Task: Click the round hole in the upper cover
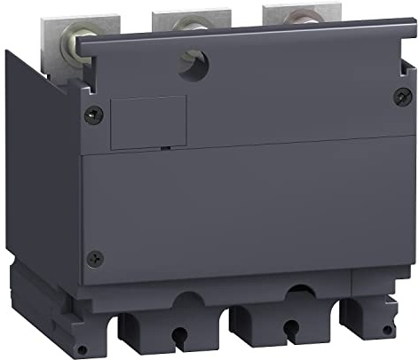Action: tap(191, 62)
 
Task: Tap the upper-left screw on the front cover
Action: tap(89, 113)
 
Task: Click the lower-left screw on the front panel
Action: tap(96, 258)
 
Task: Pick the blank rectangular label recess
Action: tap(148, 123)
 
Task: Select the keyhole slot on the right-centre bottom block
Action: tap(287, 333)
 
